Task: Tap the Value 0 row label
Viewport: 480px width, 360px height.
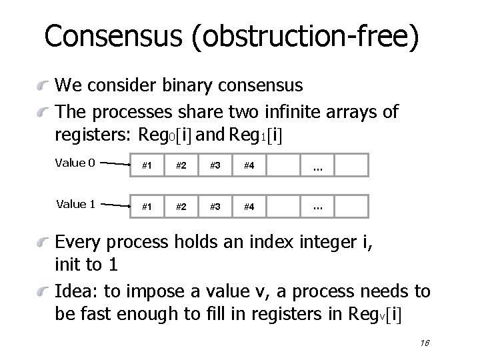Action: click(x=75, y=163)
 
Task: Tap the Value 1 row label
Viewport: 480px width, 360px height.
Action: click(x=75, y=204)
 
